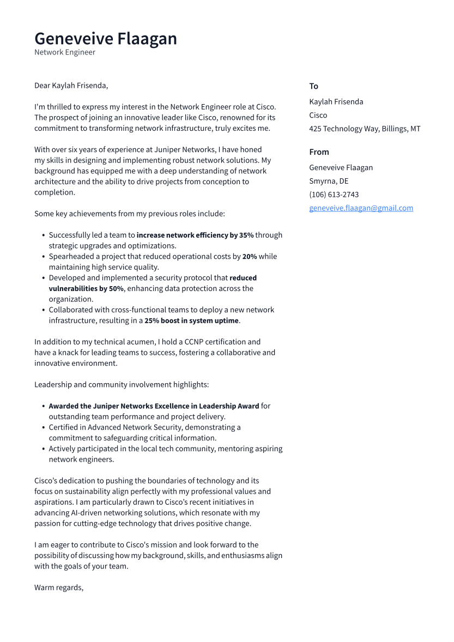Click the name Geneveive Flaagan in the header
(106, 39)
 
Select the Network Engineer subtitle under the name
(65, 52)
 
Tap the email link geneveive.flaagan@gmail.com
(361, 208)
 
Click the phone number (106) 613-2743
(334, 195)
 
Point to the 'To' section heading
(313, 86)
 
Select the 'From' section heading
(319, 152)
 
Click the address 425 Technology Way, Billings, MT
(365, 129)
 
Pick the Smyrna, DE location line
(329, 181)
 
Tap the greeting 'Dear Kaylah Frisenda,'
(71, 86)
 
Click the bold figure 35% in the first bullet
(246, 235)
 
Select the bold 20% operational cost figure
(250, 256)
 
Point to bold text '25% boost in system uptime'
(191, 320)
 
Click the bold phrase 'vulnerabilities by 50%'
(86, 288)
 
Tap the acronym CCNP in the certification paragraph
(193, 342)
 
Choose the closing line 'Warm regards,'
(59, 588)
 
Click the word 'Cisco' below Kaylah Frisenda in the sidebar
(318, 115)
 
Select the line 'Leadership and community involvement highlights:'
(122, 384)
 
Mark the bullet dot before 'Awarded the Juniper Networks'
(43, 406)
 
